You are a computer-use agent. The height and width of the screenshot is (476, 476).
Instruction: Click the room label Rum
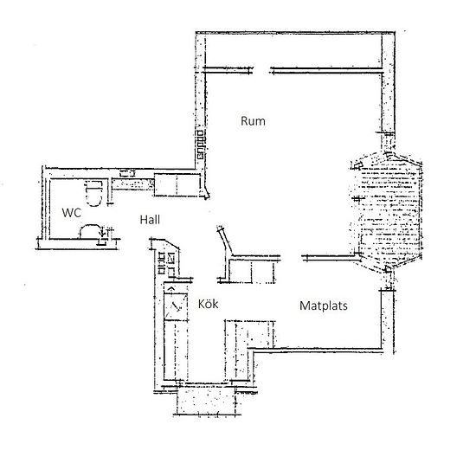pos(253,121)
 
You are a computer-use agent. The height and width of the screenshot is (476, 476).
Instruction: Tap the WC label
pos(72,213)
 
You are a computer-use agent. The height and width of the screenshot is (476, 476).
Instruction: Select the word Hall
pos(150,220)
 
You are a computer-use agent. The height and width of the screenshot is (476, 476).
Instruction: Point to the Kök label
pos(208,304)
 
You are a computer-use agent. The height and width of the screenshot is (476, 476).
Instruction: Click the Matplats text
pos(324,306)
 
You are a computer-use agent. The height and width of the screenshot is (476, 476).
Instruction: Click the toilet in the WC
pos(93,193)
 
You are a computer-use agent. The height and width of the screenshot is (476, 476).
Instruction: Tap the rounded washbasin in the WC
pos(90,231)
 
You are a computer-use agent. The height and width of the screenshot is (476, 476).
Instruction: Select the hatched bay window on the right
pos(386,213)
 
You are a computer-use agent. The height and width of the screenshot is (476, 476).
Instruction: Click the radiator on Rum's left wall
pos(201,145)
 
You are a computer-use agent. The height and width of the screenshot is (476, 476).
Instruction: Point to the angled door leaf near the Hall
pos(225,241)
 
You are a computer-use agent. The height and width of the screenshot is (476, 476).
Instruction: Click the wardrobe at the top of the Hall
pos(177,185)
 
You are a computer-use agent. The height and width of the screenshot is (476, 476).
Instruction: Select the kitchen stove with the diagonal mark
pos(176,306)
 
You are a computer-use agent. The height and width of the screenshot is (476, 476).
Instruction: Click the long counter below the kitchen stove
pos(176,350)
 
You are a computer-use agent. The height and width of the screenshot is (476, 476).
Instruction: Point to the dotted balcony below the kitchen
pos(206,401)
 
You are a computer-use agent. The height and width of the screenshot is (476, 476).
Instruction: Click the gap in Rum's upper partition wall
pos(261,71)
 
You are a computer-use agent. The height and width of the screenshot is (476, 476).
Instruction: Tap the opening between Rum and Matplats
pos(291,258)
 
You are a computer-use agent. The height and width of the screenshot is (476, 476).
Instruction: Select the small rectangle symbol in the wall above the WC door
pos(127,174)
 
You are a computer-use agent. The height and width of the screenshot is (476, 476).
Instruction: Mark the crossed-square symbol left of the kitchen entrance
pos(171,257)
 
